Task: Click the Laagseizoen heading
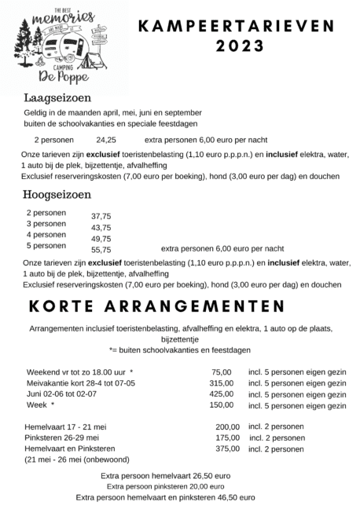[x=57, y=98]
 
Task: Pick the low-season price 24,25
[x=106, y=139]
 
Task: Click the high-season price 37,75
[x=101, y=216]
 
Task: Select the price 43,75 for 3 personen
[x=101, y=228]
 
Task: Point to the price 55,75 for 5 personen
[x=101, y=250]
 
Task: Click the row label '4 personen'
[x=46, y=234]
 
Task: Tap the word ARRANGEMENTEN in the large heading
[x=197, y=305]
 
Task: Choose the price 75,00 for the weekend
[x=222, y=372]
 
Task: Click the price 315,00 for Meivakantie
[x=222, y=383]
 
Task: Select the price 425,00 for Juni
[x=222, y=394]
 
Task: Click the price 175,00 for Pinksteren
[x=227, y=438]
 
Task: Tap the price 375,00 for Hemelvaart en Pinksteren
[x=227, y=449]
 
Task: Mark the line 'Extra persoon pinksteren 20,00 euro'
[x=166, y=486]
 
